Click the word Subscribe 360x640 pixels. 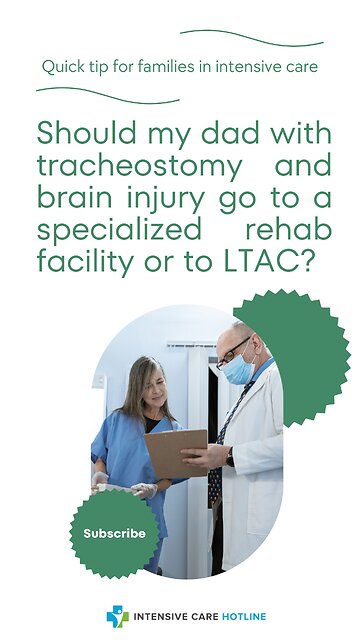click(114, 534)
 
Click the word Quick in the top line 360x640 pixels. click(60, 67)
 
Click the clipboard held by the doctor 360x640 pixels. click(175, 451)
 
